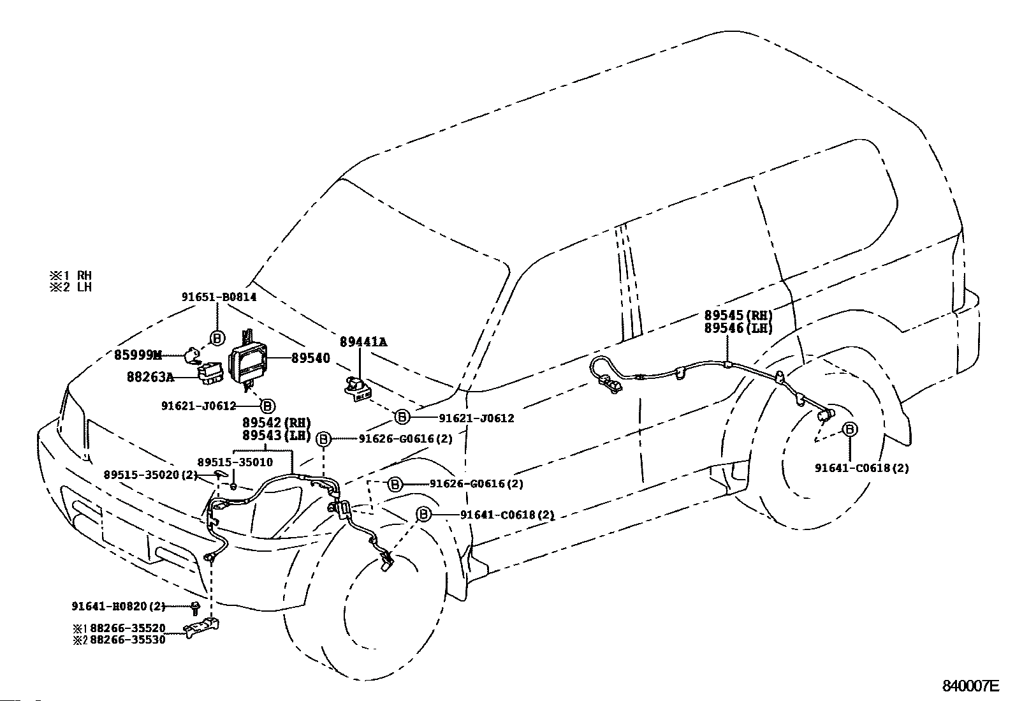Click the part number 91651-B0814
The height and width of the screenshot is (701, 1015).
pyautogui.click(x=219, y=297)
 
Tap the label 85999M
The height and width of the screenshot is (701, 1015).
pyautogui.click(x=138, y=355)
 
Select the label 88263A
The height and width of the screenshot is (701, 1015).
pyautogui.click(x=150, y=377)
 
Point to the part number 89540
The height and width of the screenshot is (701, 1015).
pyautogui.click(x=310, y=358)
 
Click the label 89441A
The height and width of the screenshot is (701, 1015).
pyautogui.click(x=363, y=342)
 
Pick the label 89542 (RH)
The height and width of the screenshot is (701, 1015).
pyautogui.click(x=277, y=423)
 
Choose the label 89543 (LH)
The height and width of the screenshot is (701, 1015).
pyautogui.click(x=277, y=436)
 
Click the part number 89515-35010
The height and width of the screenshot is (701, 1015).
pyautogui.click(x=235, y=462)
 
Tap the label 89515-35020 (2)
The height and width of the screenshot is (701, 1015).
pyautogui.click(x=151, y=475)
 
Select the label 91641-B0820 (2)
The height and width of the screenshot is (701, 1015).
pyautogui.click(x=118, y=606)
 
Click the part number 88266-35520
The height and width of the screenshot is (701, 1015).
pyautogui.click(x=128, y=628)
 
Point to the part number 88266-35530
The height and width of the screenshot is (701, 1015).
pyautogui.click(x=128, y=640)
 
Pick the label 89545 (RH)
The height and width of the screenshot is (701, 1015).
pyautogui.click(x=738, y=315)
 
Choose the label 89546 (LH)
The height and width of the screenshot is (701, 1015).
pyautogui.click(x=738, y=328)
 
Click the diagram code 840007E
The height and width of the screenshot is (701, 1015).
pyautogui.click(x=970, y=686)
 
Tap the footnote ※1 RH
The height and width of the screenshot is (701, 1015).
pyautogui.click(x=71, y=275)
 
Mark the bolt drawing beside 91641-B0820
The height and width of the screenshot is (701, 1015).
pyautogui.click(x=195, y=608)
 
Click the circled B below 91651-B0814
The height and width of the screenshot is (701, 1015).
pyautogui.click(x=217, y=338)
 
